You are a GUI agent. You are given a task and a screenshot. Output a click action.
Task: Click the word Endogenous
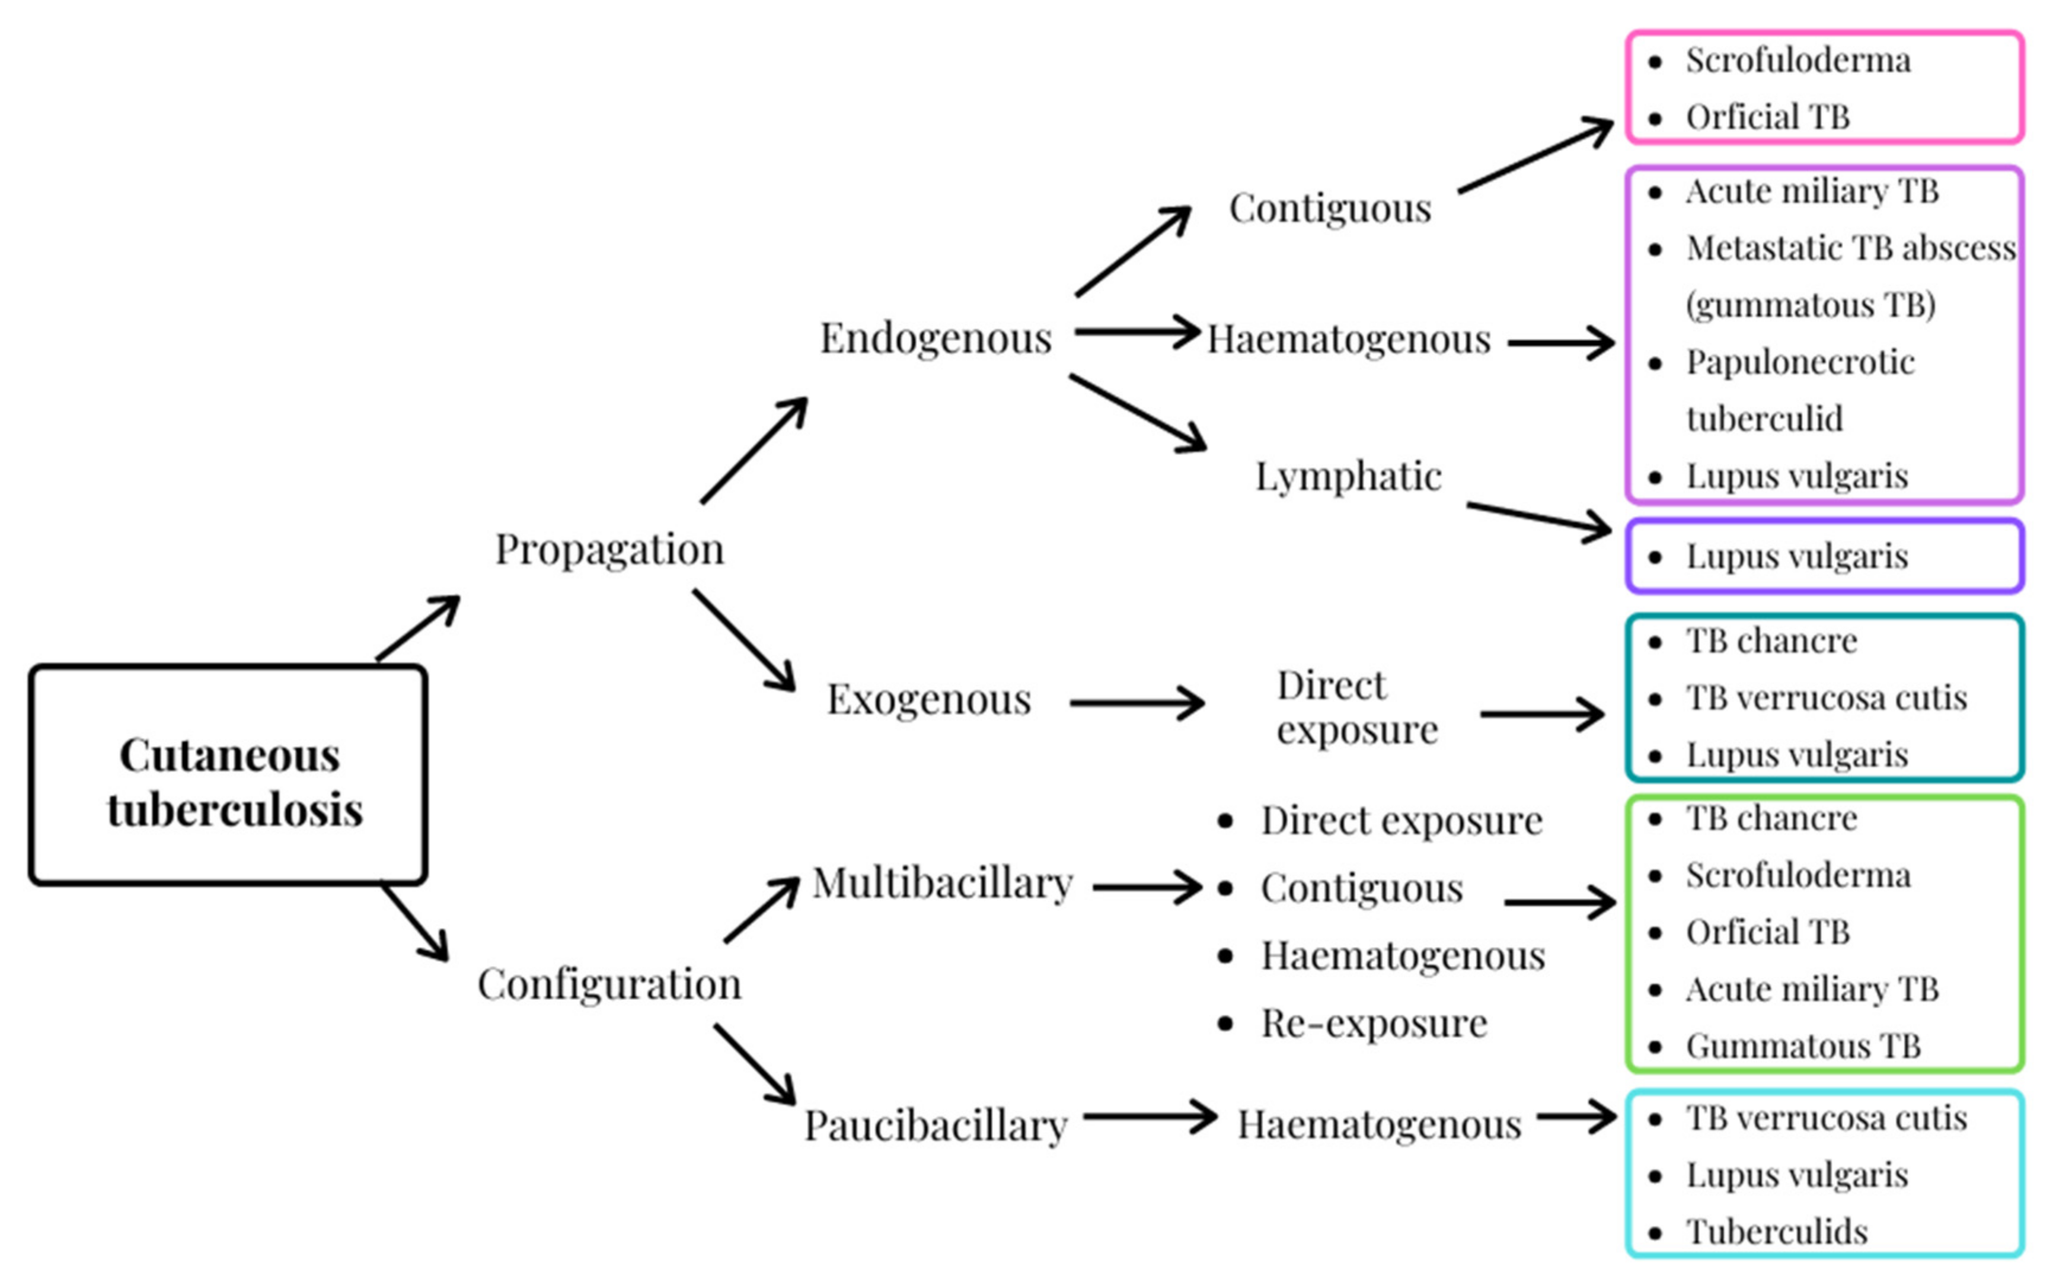pos(935,338)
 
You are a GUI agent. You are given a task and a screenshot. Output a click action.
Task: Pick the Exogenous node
pos(928,699)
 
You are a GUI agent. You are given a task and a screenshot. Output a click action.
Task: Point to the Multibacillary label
pos(942,884)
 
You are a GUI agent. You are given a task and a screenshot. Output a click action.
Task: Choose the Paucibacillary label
pos(935,1126)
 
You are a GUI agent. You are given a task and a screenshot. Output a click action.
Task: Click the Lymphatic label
pos(1348,476)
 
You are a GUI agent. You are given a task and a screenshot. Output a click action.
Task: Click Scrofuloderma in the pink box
pos(1798,60)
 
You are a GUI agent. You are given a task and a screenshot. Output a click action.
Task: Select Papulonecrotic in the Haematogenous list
pos(1800,363)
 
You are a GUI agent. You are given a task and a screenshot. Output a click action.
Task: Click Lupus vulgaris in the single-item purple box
pos(1796,556)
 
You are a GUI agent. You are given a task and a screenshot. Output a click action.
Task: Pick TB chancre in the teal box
pos(1771,640)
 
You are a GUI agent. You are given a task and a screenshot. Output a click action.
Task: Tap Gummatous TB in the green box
pos(1802,1046)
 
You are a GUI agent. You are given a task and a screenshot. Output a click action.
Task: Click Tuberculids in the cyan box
pos(1777,1232)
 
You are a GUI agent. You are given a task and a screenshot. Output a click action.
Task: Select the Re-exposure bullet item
pos(1373,1023)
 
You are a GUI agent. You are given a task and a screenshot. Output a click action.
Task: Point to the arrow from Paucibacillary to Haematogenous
pos(1150,1116)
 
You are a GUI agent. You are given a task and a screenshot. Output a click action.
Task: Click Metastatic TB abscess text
pos(1850,248)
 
